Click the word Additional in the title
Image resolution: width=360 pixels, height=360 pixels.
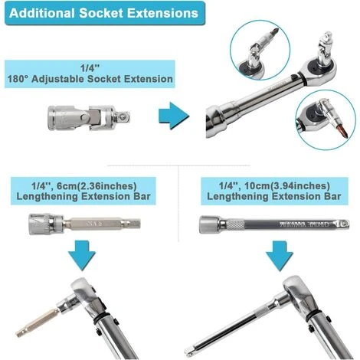42,13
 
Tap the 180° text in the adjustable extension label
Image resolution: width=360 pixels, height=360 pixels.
18,79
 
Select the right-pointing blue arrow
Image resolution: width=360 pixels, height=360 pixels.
174,116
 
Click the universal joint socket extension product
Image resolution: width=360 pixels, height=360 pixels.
89,118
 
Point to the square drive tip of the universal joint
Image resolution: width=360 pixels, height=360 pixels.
123,117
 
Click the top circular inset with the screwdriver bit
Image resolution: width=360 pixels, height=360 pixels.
260,51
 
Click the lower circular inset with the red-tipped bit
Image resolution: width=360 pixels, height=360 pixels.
326,119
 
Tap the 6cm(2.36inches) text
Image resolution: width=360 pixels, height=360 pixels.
97,186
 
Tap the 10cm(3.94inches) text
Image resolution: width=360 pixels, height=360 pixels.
286,186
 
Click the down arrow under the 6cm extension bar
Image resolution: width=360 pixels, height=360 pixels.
82,255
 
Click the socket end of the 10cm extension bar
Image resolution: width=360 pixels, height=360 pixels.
209,224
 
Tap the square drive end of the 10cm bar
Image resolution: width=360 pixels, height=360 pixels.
342,224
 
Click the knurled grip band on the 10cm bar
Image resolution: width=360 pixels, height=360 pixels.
236,224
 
